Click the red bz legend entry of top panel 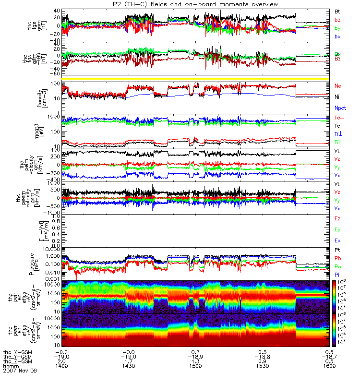(x=338, y=20)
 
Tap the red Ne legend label (x=338, y=86)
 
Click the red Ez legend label (x=338, y=219)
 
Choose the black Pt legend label (x=338, y=251)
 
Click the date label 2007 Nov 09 (x=19, y=371)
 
